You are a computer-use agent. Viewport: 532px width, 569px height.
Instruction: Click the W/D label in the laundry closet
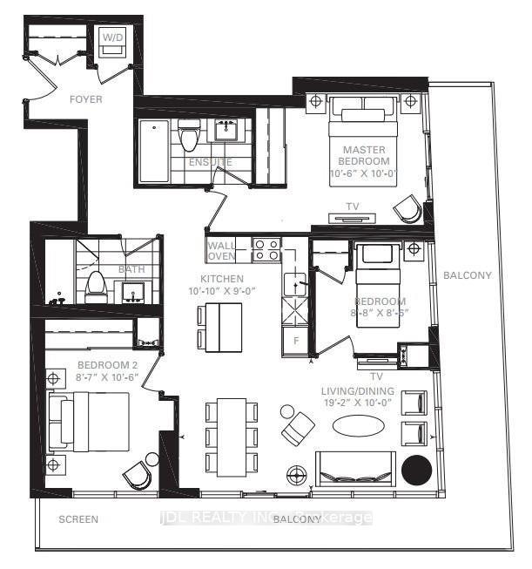point(113,37)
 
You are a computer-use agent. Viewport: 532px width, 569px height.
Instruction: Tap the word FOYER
point(85,99)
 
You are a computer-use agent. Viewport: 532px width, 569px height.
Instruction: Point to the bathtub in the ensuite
point(153,151)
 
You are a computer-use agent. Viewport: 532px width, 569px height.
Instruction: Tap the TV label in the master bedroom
point(354,207)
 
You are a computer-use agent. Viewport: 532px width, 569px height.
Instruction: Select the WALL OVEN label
point(221,251)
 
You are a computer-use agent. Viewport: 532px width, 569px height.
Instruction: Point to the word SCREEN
point(77,519)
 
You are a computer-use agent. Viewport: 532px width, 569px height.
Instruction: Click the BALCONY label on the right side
point(468,275)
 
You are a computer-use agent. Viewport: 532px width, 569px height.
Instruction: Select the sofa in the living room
point(354,470)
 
